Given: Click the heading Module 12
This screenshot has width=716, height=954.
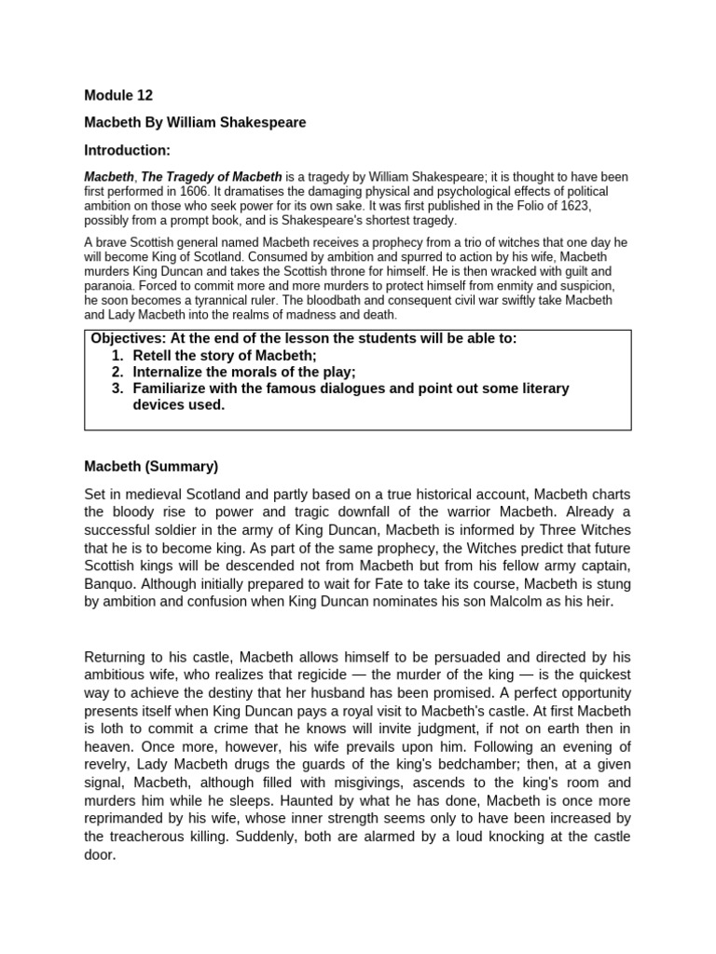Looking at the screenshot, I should click(x=118, y=95).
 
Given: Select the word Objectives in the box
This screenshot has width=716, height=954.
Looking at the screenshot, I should click(x=126, y=338).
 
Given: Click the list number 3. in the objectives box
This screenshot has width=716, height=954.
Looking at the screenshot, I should click(x=117, y=388).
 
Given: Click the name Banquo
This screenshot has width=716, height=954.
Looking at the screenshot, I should click(x=111, y=584).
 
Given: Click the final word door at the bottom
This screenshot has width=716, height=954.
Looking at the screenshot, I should click(x=99, y=854).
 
